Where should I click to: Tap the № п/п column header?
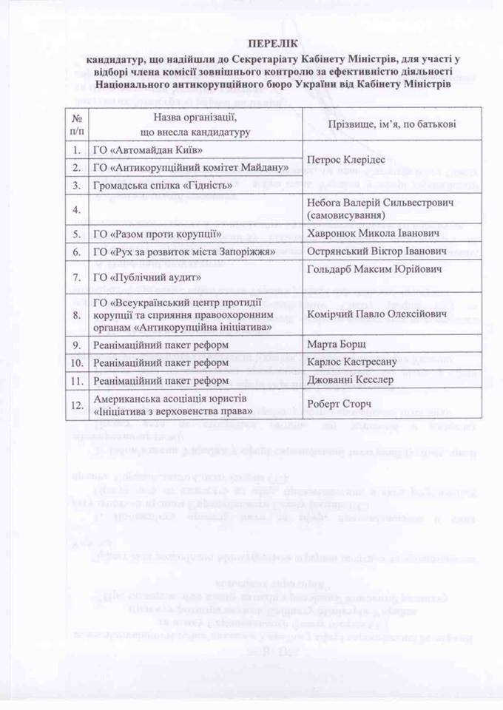77,124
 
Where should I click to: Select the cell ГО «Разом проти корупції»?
158,234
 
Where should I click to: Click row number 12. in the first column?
77,404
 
